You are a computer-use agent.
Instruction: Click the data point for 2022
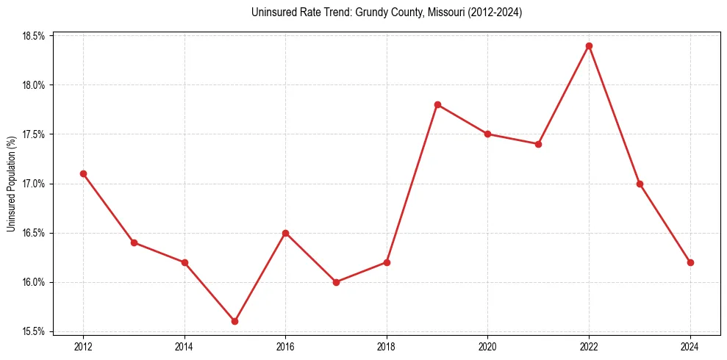tap(589, 46)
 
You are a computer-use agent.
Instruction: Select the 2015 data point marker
tap(234, 321)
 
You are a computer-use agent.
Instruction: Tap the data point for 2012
tap(83, 173)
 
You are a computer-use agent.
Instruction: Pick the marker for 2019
tap(437, 104)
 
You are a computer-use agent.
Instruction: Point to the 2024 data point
tap(690, 262)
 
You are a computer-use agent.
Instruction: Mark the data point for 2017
tap(336, 282)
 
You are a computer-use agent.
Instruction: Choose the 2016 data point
tap(285, 233)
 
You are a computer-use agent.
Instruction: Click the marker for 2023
tap(640, 184)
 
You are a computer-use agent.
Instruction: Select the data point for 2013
tap(134, 242)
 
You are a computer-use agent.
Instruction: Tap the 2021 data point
tap(538, 144)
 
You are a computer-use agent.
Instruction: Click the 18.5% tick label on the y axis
tap(34, 36)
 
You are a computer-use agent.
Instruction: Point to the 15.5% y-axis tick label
tap(34, 331)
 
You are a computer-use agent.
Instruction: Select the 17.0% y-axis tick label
tap(34, 184)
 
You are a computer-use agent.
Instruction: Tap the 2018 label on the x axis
tap(387, 345)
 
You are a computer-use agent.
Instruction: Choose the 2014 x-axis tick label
tap(185, 345)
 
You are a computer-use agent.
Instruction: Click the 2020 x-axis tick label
tap(487, 345)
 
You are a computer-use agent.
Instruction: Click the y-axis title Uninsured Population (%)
tap(12, 184)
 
